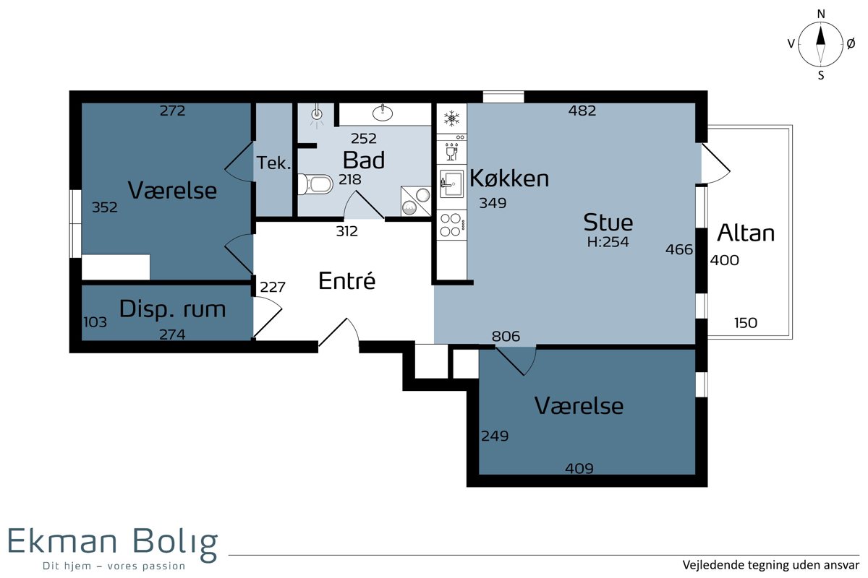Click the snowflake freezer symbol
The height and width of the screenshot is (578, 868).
[451, 118]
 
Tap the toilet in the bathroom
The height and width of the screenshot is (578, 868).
[316, 184]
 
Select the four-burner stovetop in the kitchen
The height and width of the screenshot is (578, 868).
[452, 225]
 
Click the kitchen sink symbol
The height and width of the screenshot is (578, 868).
[452, 184]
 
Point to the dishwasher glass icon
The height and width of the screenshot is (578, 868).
[451, 152]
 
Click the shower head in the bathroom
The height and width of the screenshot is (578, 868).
[317, 113]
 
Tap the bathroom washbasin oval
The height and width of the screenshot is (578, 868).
[383, 113]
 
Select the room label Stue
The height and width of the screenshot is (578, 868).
[608, 223]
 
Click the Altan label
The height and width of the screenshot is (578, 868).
[746, 233]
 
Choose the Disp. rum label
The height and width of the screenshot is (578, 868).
[172, 309]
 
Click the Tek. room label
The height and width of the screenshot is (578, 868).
[273, 163]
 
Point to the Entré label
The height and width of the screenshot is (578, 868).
[346, 280]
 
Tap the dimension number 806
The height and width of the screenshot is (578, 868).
[506, 336]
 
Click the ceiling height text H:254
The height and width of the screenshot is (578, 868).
[608, 242]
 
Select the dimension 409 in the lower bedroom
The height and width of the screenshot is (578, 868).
[579, 468]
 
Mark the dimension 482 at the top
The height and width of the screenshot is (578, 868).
[582, 111]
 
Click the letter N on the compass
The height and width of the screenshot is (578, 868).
[821, 14]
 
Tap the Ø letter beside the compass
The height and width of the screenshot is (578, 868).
[851, 44]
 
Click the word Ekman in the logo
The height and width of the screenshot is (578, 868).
[62, 541]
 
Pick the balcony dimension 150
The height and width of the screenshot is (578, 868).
[746, 323]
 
